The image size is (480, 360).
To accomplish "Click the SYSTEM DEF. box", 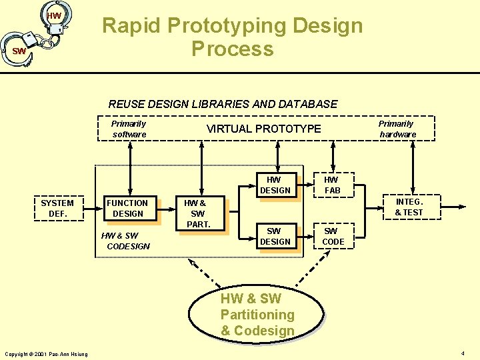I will (x=57, y=208).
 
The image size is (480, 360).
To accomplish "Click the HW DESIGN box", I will (x=275, y=185).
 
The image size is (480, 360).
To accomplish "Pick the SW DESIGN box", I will (x=275, y=236).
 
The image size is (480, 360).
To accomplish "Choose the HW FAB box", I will (x=331, y=185).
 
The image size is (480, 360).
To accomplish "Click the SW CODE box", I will (x=333, y=236).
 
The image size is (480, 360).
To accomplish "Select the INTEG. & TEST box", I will (x=409, y=207).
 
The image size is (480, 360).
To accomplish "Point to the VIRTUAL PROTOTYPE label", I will (x=263, y=129).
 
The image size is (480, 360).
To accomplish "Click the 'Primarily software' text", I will (x=129, y=129).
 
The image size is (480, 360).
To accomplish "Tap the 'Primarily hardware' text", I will (x=397, y=129).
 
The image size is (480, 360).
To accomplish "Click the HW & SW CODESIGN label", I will (x=125, y=241).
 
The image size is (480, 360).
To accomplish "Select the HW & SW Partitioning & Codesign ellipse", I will (x=257, y=315).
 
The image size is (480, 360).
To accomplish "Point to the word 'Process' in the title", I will (x=232, y=49).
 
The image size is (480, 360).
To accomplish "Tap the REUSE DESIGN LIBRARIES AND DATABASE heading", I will (x=223, y=104).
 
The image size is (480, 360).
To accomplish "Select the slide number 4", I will (x=463, y=353).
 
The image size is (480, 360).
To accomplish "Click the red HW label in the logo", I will (x=54, y=15).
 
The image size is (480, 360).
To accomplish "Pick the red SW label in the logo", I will (x=19, y=51).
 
